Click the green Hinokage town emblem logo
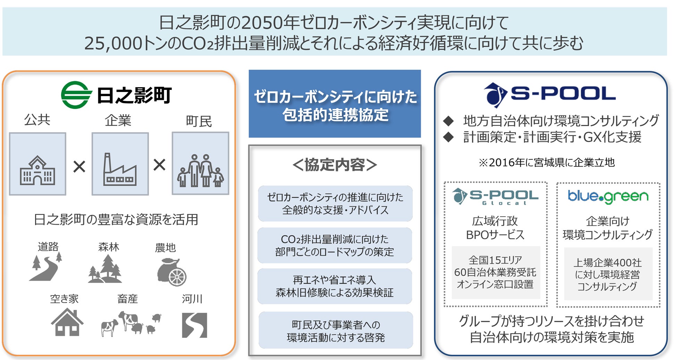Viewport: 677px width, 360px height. [x=76, y=95]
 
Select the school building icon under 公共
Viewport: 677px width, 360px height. [x=37, y=170]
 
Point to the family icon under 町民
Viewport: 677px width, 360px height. [x=200, y=170]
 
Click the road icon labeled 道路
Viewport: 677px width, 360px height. [x=46, y=267]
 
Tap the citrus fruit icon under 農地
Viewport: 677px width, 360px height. [x=172, y=273]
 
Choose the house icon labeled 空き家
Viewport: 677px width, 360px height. [x=67, y=323]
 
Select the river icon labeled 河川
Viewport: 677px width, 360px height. [x=194, y=325]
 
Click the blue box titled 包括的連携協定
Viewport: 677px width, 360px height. [x=335, y=104]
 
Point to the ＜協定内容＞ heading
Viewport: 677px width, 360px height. [x=335, y=165]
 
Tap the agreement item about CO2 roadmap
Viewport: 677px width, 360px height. [x=335, y=245]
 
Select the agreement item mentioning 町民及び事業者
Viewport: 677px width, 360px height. [x=336, y=330]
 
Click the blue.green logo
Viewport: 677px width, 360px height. [x=608, y=196]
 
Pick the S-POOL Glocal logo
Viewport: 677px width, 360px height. [x=495, y=196]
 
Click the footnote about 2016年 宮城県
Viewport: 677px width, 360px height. [x=547, y=162]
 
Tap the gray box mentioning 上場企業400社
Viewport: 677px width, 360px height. [x=608, y=274]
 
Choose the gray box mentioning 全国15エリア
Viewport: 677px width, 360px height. [x=495, y=272]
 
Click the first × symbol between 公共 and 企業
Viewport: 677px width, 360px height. [x=79, y=167]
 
